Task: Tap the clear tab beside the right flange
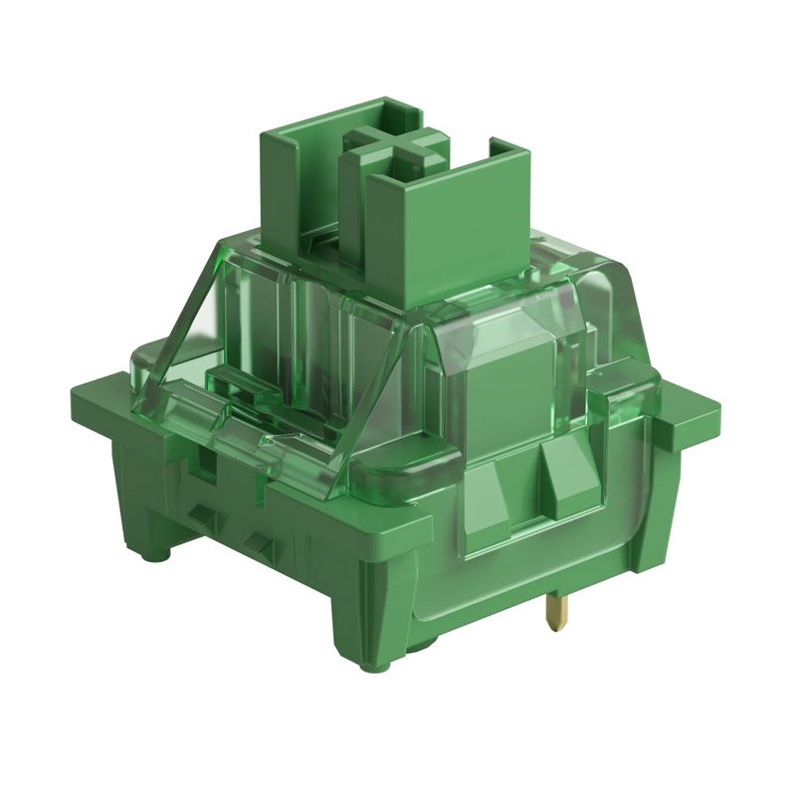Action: point(637,398)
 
